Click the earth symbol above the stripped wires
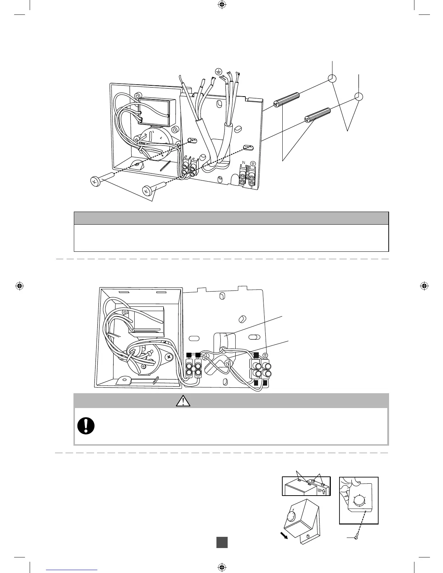(218, 71)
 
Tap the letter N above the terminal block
(244, 163)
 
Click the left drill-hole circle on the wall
(332, 78)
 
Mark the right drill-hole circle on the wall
(359, 97)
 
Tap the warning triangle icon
(184, 400)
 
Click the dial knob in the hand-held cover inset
(359, 501)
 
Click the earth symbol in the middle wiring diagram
(265, 356)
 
